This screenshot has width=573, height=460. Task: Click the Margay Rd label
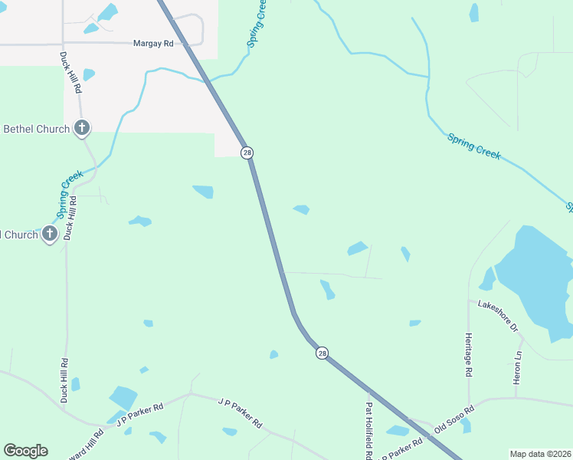[x=153, y=44]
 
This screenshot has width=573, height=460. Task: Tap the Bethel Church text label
[x=37, y=129]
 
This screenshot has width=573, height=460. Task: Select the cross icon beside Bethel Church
[x=82, y=129]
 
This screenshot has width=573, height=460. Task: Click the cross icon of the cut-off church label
[x=51, y=234]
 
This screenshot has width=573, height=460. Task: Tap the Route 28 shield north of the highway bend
[x=247, y=153]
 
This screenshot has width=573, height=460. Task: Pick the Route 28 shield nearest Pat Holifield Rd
[x=322, y=353]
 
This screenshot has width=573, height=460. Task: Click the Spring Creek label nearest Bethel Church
[x=70, y=194]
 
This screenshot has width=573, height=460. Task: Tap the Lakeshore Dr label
[x=499, y=315]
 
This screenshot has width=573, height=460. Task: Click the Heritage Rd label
[x=468, y=354]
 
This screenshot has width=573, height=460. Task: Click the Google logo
[x=25, y=451]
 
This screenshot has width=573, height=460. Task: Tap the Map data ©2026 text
[x=540, y=454]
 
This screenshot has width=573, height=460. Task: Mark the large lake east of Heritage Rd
[x=536, y=276]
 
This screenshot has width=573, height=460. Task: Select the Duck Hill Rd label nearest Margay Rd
[x=71, y=73]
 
